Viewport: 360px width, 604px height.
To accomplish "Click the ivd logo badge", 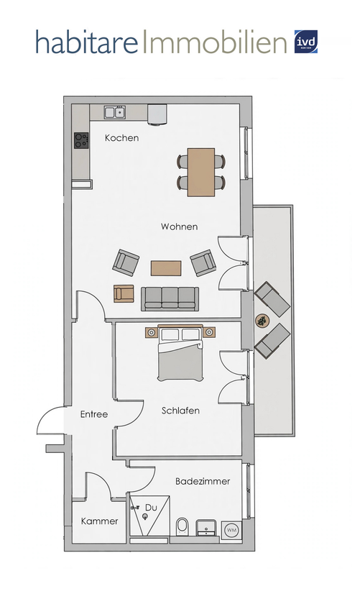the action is [x=306, y=42].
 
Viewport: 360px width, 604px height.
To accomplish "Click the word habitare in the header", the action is [x=87, y=42].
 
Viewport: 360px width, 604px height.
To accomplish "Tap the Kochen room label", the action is [x=121, y=137].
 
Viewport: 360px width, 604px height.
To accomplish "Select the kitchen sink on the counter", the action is [x=115, y=112].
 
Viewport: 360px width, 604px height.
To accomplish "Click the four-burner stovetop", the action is [x=81, y=139].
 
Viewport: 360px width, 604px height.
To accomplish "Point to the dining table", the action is [x=201, y=172].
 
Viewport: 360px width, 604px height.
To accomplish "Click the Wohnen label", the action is [x=180, y=226].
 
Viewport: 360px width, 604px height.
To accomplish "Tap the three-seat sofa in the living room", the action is [x=170, y=298].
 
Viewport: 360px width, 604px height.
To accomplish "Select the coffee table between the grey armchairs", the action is [x=166, y=268].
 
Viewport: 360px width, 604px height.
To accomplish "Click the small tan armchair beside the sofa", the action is [x=124, y=293].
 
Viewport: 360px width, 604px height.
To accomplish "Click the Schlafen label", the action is [x=180, y=411].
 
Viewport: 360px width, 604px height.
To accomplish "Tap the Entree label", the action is [x=94, y=414].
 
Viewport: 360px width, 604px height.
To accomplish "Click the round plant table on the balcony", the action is [x=262, y=321].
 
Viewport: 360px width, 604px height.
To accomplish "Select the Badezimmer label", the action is [x=203, y=481].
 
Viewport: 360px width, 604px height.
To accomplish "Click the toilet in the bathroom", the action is [x=182, y=526].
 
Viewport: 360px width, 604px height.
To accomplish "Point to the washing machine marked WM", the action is [x=231, y=530].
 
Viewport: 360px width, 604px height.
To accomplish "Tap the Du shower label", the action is [x=151, y=508].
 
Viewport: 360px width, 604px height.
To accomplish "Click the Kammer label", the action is [x=99, y=521].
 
